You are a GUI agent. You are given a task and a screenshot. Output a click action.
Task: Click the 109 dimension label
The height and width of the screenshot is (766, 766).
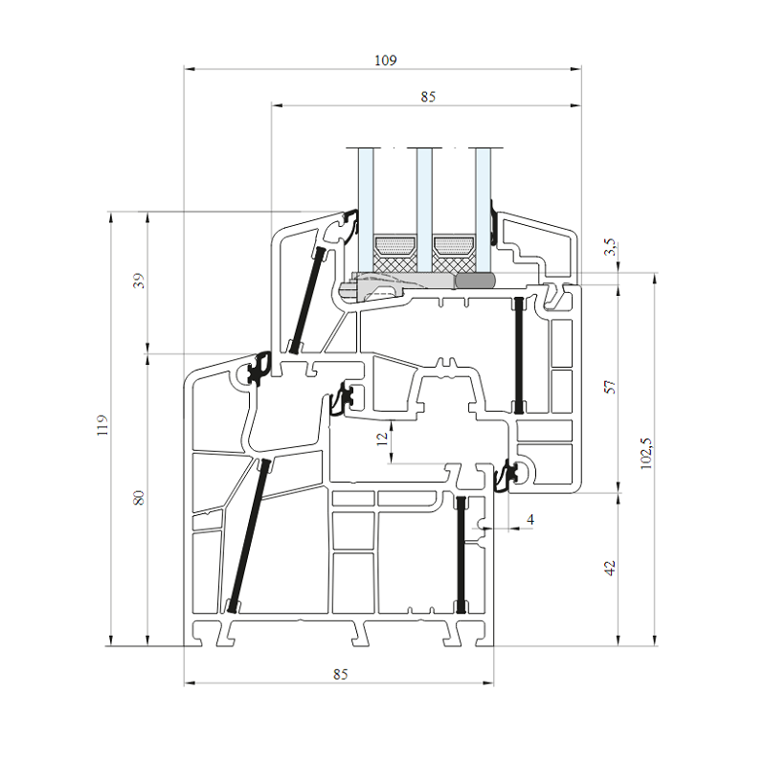386,60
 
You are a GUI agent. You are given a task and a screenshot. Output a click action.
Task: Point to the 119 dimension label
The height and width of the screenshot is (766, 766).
102,425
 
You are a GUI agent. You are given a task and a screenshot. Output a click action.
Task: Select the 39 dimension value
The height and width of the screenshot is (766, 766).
140,281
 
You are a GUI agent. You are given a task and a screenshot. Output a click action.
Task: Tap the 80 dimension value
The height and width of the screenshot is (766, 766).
140,498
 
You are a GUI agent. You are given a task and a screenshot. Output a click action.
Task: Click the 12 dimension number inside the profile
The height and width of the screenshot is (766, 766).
382,439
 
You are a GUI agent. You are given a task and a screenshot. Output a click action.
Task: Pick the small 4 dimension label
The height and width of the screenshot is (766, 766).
530,519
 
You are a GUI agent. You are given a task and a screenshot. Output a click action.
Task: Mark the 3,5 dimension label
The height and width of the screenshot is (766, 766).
610,247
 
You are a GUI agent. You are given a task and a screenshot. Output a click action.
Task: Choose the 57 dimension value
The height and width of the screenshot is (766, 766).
610,387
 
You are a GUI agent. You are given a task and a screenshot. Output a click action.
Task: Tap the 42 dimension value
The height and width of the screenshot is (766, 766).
610,568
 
